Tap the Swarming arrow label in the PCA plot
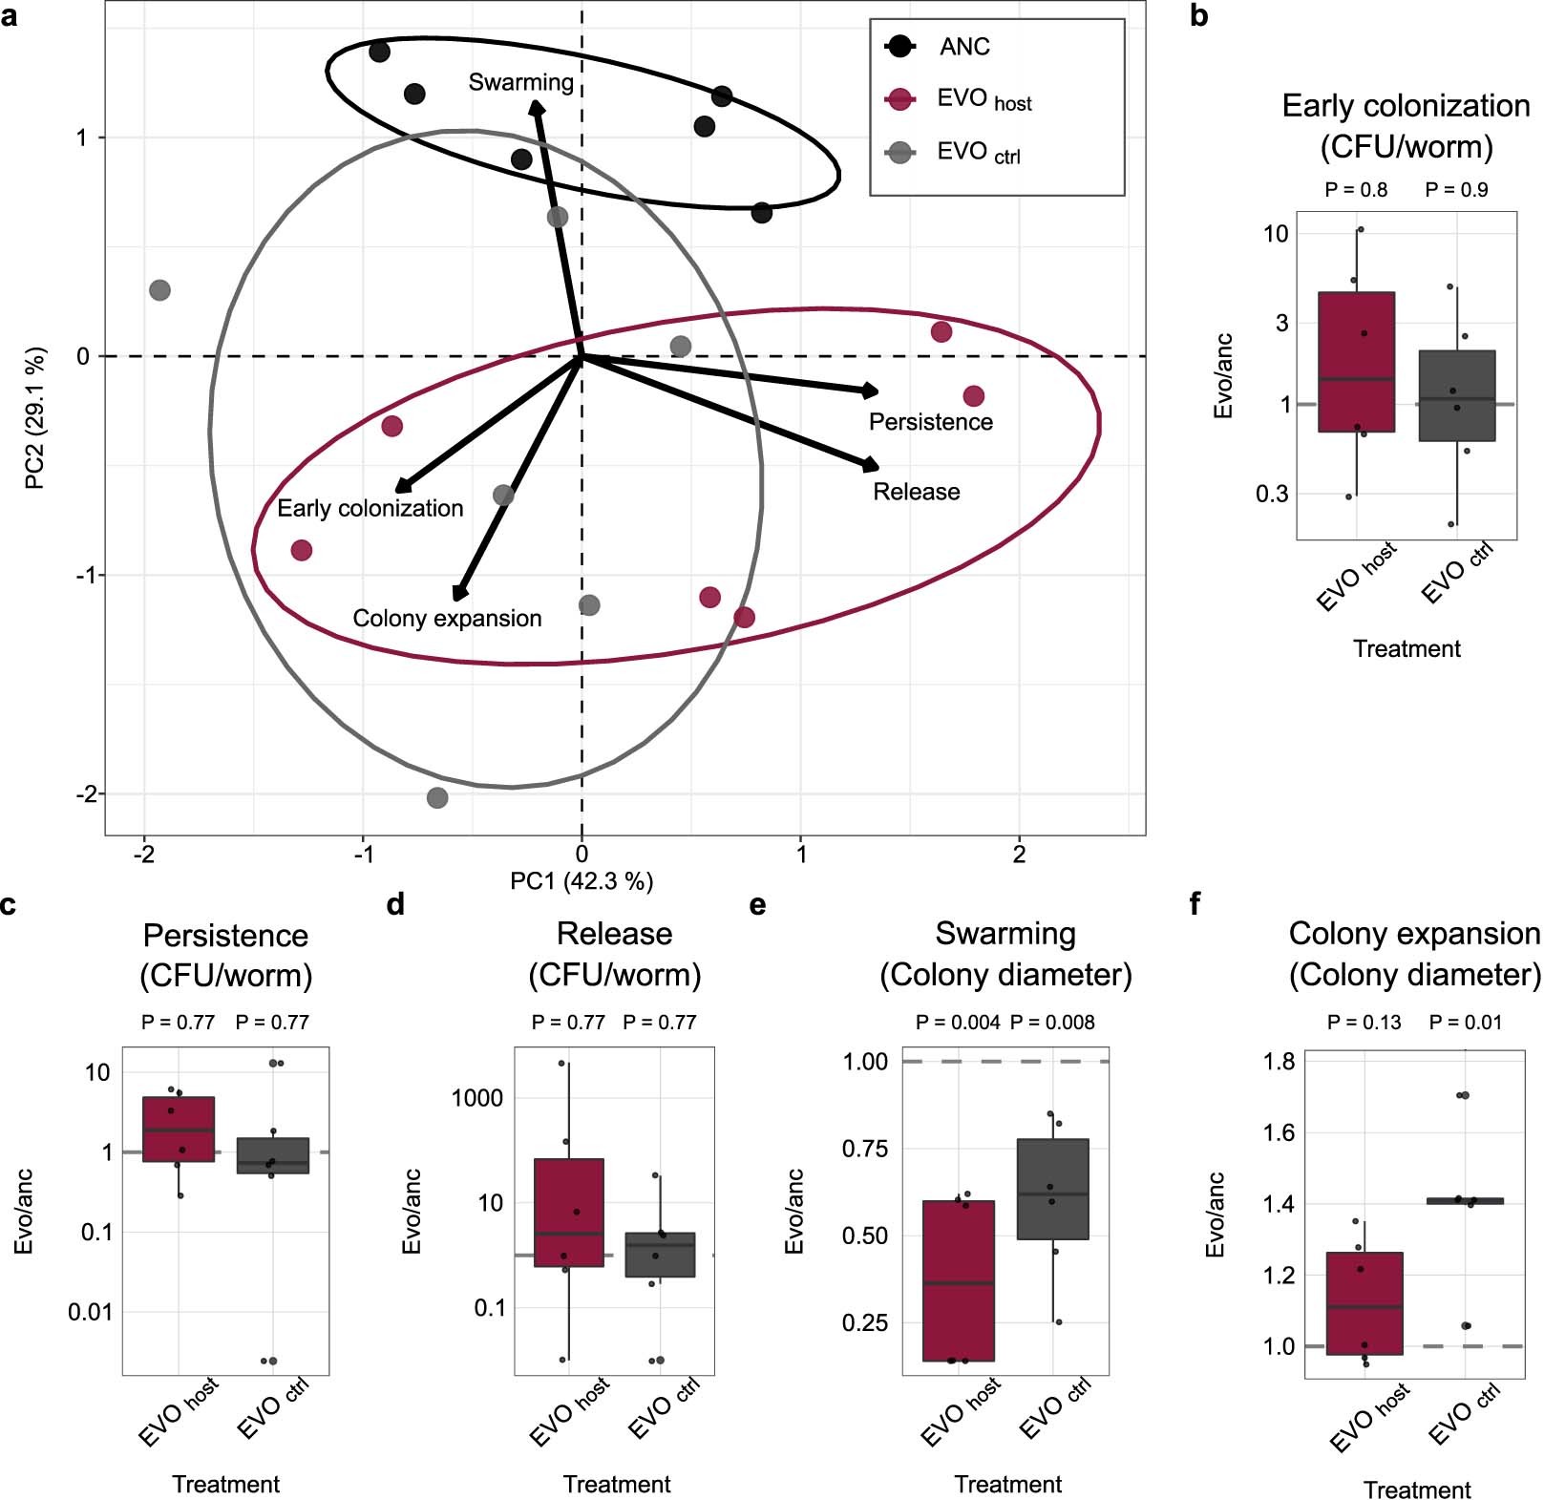point(520,83)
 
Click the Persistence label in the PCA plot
point(930,422)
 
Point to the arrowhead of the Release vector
point(872,466)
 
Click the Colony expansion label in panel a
point(447,619)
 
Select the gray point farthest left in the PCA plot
point(160,289)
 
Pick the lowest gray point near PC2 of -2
point(437,797)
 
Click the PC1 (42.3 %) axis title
point(582,881)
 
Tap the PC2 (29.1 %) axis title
point(35,418)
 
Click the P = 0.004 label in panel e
point(957,1023)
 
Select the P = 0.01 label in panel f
point(1465,1023)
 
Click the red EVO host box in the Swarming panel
point(959,1279)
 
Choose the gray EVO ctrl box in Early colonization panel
point(1456,395)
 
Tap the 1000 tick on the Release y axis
point(476,1098)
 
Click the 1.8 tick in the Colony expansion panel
point(1279,1061)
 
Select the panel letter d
point(395,904)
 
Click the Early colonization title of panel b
point(1406,106)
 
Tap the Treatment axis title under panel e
point(1007,1484)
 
